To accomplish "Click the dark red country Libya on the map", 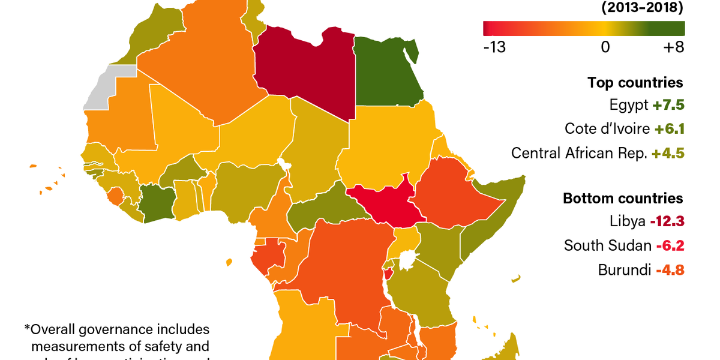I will pos(303,72).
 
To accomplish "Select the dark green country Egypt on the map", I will pos(387,72).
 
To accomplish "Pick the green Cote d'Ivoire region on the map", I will pos(157,204).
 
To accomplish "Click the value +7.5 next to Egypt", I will pos(668,105).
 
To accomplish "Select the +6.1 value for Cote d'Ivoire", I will pos(669,129).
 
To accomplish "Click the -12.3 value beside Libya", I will pos(667,221).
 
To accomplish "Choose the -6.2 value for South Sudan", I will pos(670,245).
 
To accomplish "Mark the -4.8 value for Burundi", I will pos(670,270).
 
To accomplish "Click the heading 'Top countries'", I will pos(635,83).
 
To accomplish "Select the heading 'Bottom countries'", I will pos(623,199).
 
